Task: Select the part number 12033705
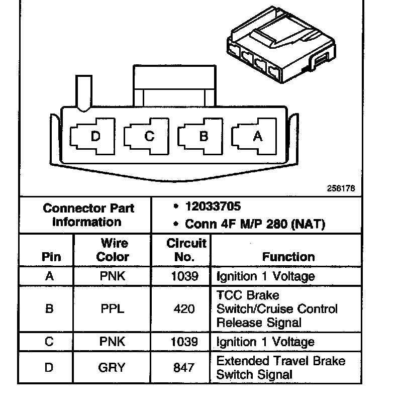point(213,206)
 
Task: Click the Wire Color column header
point(113,250)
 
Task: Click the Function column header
point(288,257)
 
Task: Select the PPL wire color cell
point(113,308)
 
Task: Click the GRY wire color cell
point(113,368)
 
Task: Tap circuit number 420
point(184,308)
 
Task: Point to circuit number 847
point(184,368)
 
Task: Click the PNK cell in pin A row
point(113,276)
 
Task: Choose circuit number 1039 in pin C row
point(184,342)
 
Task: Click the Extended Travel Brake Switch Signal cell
point(280,368)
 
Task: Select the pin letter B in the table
point(49,308)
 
